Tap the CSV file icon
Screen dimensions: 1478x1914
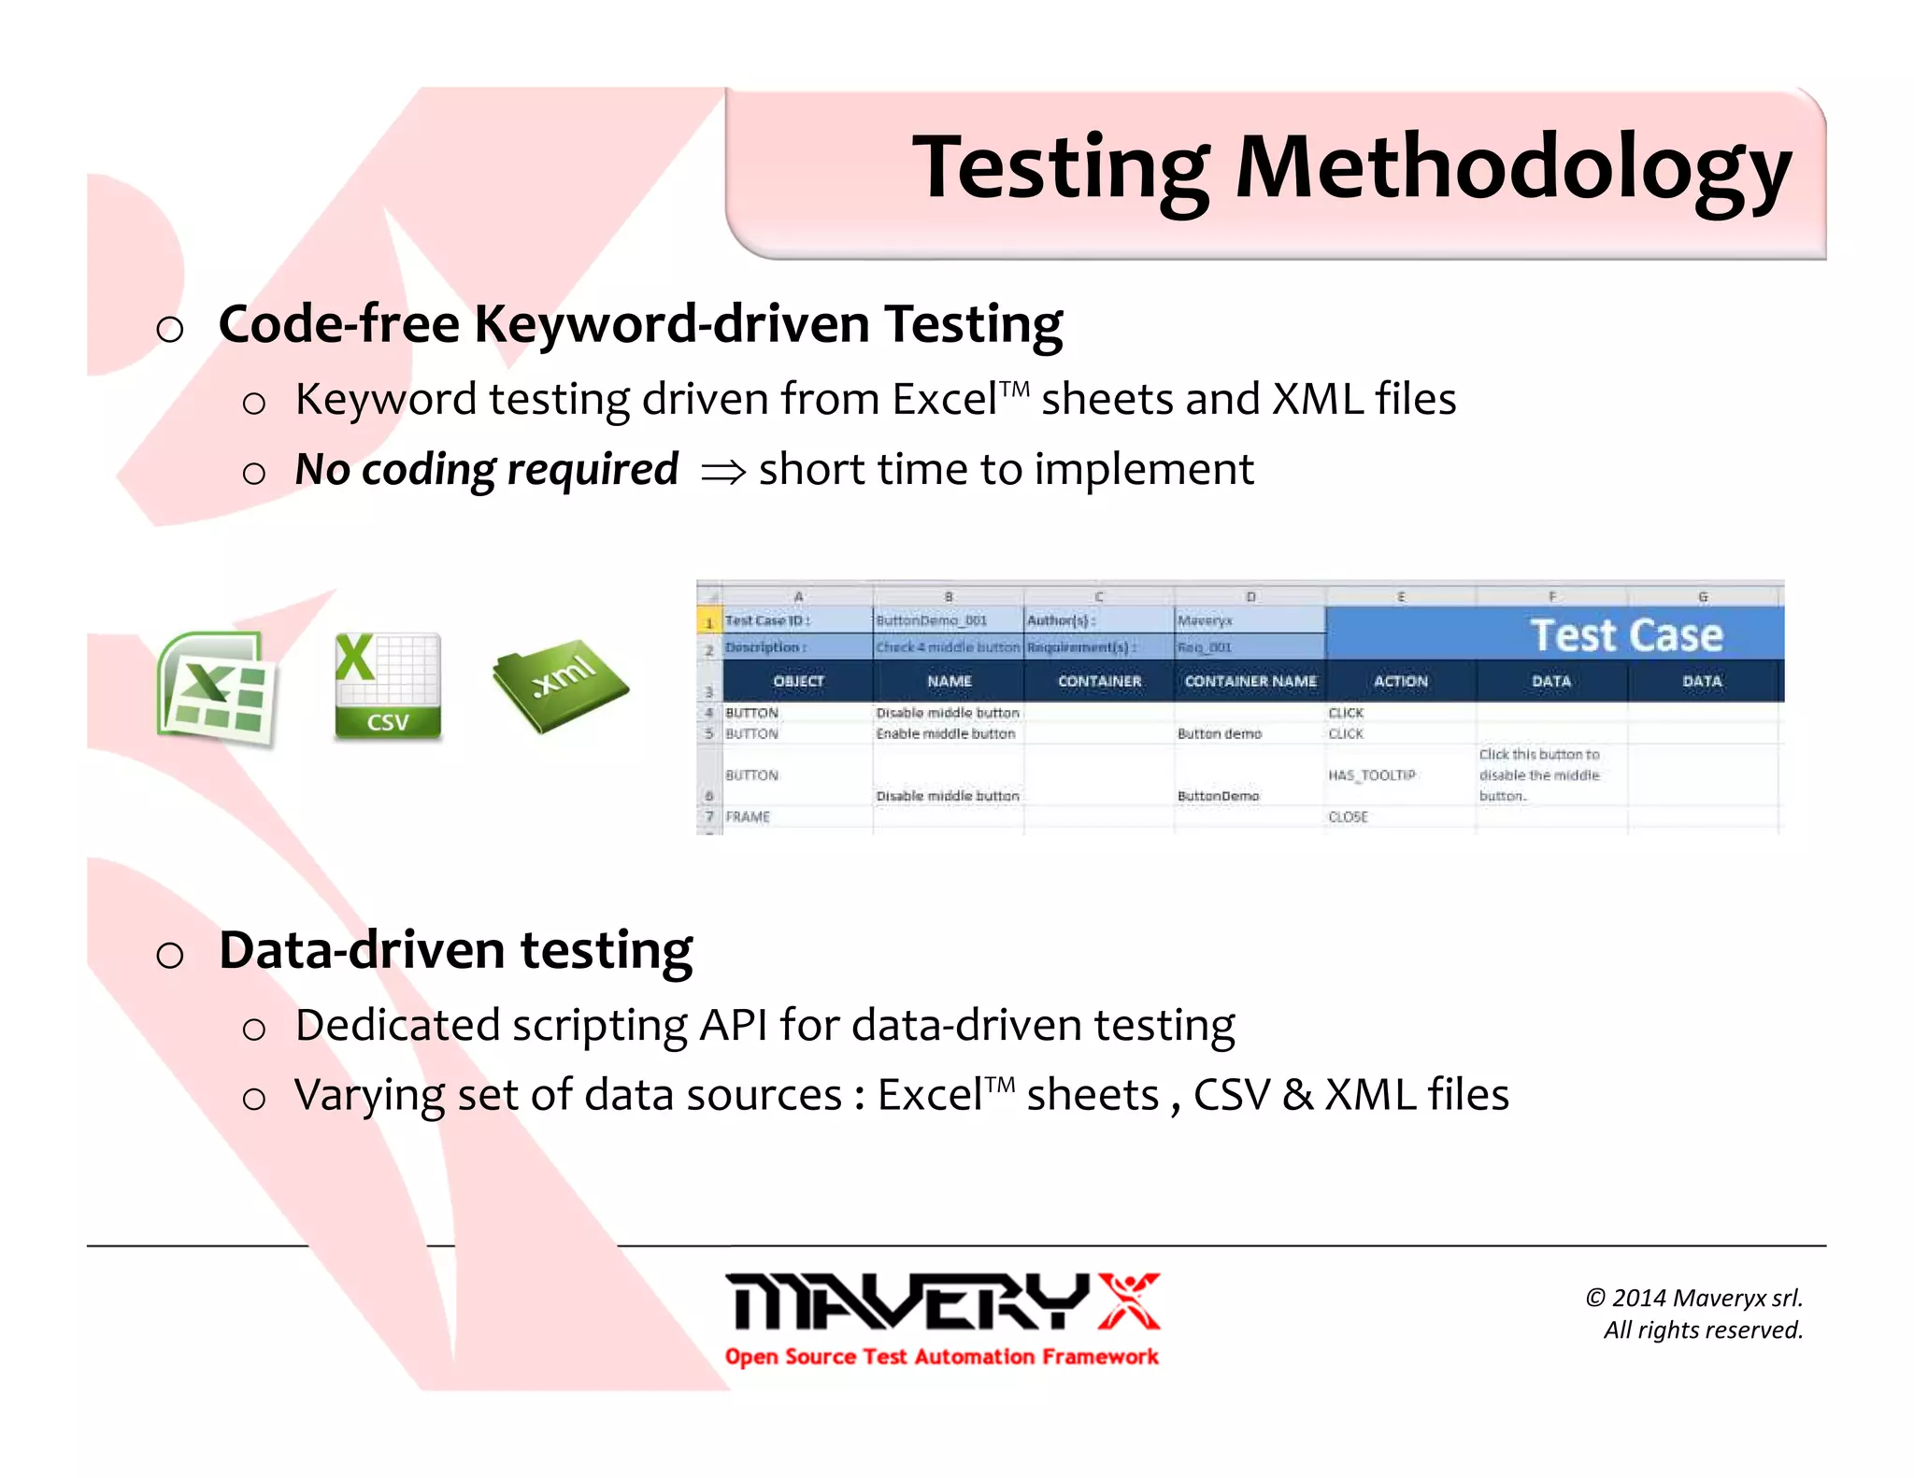[387, 687]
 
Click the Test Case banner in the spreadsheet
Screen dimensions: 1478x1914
[1626, 635]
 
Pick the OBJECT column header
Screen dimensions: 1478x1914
[798, 681]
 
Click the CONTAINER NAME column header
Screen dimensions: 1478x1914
[1250, 681]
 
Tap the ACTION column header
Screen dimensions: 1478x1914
[1400, 681]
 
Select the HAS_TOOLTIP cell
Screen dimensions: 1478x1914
[1371, 775]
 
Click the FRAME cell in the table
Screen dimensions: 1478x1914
[748, 817]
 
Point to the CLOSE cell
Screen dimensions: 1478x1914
[1348, 817]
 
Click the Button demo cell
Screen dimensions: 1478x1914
[1219, 734]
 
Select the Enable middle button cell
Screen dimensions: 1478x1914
[945, 734]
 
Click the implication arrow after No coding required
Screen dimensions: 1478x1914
[723, 473]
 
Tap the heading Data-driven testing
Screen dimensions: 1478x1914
[455, 950]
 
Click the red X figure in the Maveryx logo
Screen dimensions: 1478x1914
[1128, 1300]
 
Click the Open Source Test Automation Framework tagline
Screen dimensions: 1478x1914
[941, 1357]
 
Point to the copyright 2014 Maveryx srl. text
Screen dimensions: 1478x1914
[1693, 1298]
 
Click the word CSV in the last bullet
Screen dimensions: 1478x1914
[1231, 1095]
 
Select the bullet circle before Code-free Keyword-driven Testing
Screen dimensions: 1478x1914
[170, 329]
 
